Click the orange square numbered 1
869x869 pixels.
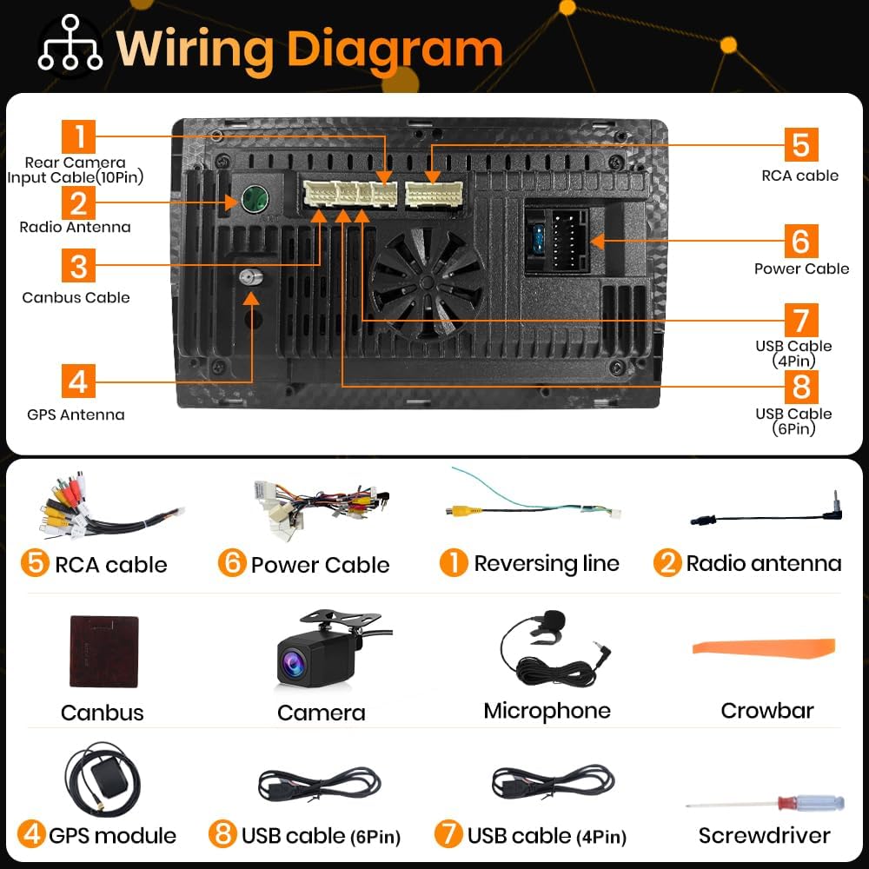78,136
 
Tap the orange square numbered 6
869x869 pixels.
801,241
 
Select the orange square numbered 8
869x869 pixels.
801,387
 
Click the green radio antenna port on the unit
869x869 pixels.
255,199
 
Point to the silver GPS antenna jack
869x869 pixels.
250,276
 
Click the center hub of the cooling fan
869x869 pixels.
427,283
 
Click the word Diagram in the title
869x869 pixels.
395,50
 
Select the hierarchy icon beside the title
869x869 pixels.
70,43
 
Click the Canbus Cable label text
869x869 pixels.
76,297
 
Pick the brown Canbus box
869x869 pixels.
104,651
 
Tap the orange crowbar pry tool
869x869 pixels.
764,648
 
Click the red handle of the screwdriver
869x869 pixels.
787,802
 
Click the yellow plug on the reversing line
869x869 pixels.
459,510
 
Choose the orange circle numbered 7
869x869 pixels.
448,833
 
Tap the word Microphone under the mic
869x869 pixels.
547,711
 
